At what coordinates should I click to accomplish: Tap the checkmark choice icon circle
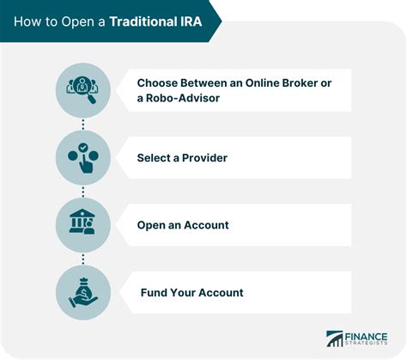coord(82,158)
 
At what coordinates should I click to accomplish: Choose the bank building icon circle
coord(82,225)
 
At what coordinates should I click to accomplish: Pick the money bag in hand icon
coord(82,292)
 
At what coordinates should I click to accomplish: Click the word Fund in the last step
coord(155,292)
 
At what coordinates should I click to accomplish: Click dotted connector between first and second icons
coord(82,125)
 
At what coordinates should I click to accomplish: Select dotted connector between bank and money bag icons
coord(82,259)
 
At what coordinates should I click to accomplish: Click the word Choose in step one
coord(159,83)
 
